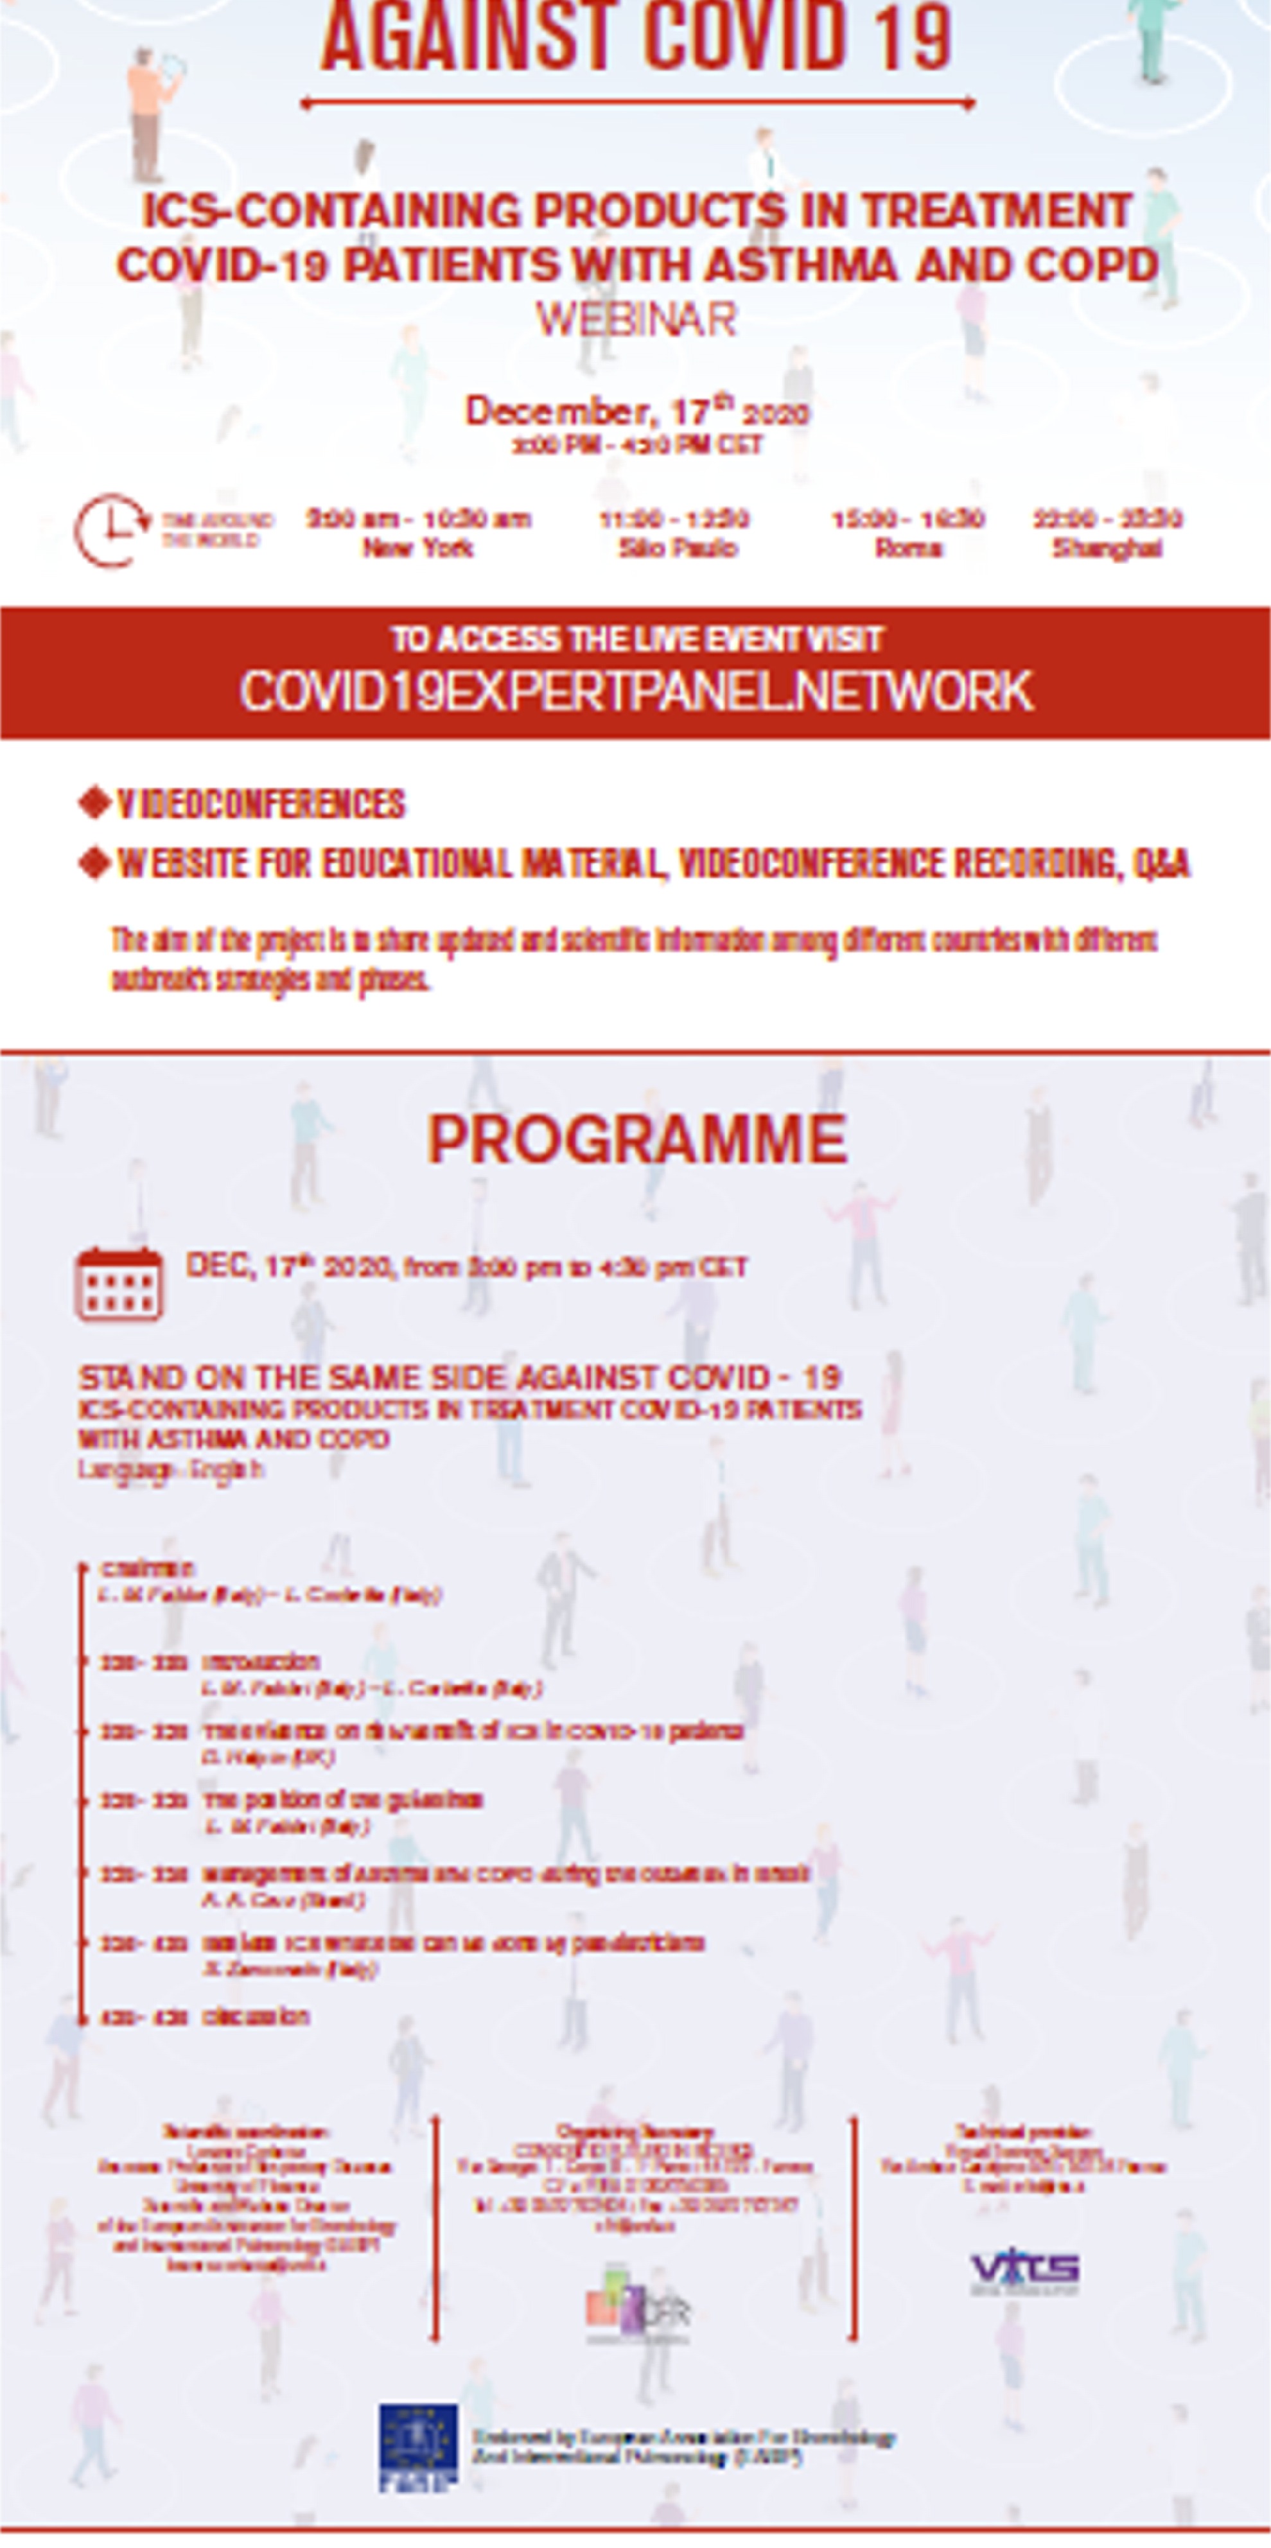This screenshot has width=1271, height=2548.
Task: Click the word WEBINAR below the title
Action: point(636,320)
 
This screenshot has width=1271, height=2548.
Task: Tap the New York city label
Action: point(417,548)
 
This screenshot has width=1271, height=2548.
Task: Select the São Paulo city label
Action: point(678,548)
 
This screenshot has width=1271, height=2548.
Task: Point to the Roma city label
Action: point(907,548)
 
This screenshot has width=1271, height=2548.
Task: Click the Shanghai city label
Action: point(1107,548)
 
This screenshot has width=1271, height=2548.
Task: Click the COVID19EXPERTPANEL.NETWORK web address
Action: point(636,690)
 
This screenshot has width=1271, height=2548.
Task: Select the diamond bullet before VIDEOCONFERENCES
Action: point(94,803)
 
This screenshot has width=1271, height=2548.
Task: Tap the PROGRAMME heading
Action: point(636,1140)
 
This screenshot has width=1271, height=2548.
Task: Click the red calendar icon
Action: point(119,1285)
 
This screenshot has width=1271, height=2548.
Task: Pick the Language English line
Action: point(171,1470)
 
